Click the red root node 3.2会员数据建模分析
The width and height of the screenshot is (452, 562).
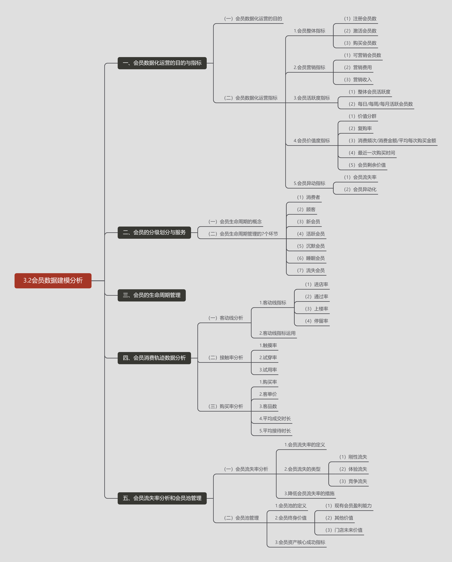coord(53,280)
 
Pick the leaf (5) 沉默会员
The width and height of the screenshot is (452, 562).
coord(311,246)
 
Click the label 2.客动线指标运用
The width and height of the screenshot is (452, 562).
coord(277,333)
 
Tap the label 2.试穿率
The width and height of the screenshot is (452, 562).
coord(268,358)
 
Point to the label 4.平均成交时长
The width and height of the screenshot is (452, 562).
coord(275,419)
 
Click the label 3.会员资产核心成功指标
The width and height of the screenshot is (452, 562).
coord(300,542)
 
